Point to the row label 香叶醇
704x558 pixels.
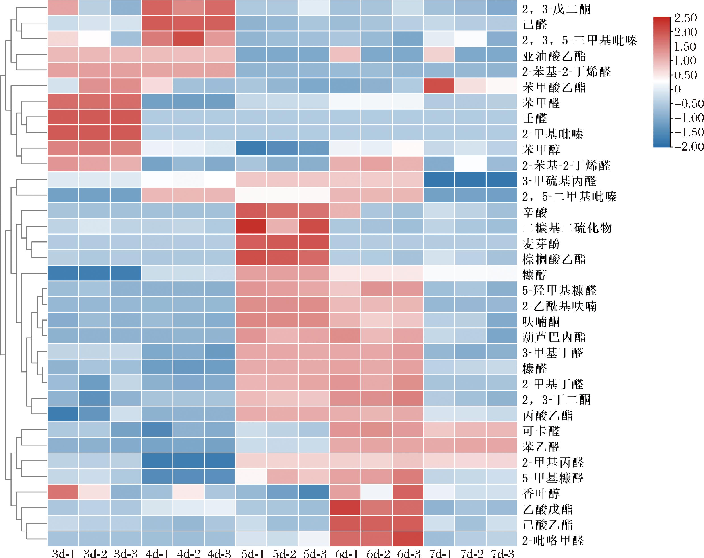[x=541, y=494]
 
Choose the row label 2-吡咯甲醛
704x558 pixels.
[x=553, y=541]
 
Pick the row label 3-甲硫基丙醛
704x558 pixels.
[x=559, y=181]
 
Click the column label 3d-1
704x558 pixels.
[x=64, y=554]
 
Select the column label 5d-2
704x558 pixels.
[x=284, y=554]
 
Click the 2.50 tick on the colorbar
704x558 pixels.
[x=685, y=18]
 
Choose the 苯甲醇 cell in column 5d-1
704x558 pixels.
[x=252, y=148]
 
